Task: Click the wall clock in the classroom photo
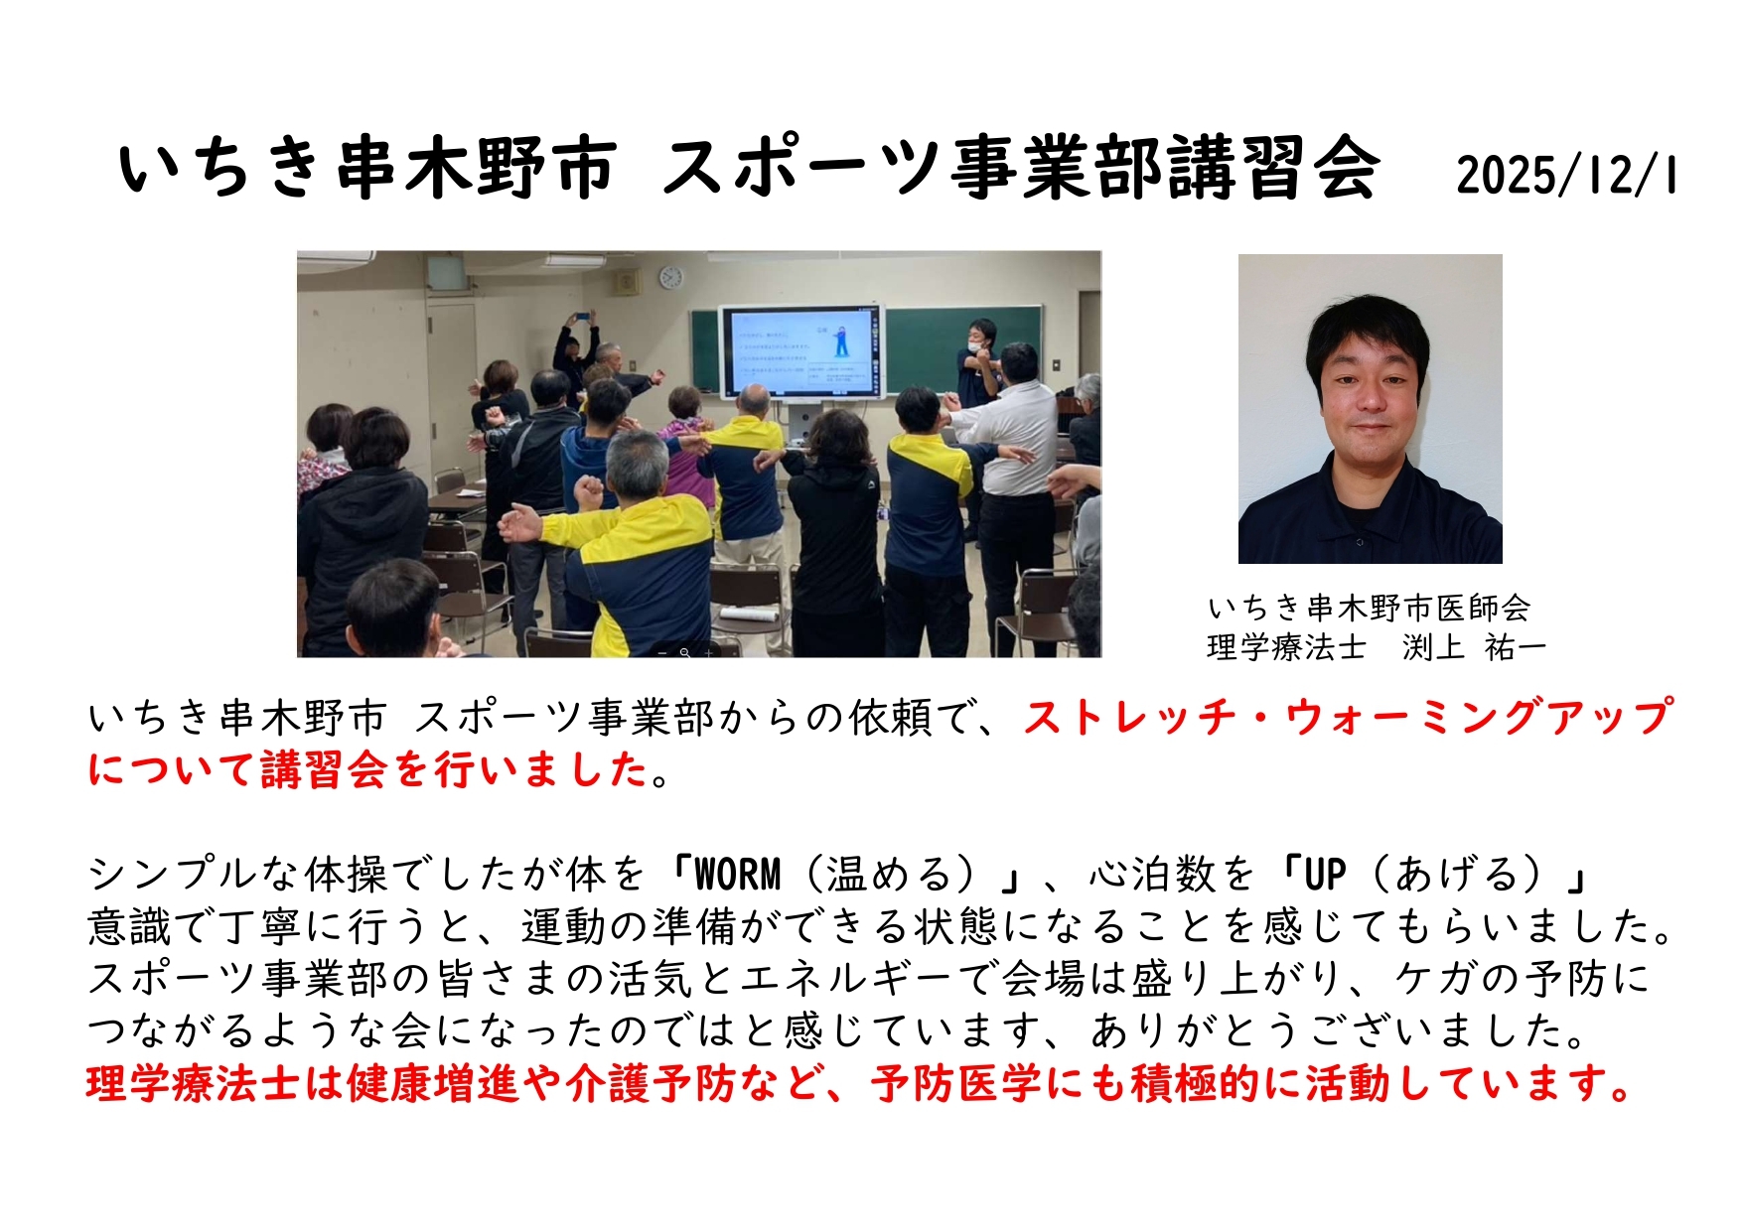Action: click(x=671, y=277)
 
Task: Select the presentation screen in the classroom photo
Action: click(x=800, y=354)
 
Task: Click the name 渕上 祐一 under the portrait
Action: click(x=1474, y=647)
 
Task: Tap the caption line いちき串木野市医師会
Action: click(x=1369, y=607)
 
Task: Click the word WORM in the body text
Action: click(x=738, y=875)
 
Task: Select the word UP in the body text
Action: click(x=1325, y=875)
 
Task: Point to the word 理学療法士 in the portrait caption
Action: click(x=1286, y=647)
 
